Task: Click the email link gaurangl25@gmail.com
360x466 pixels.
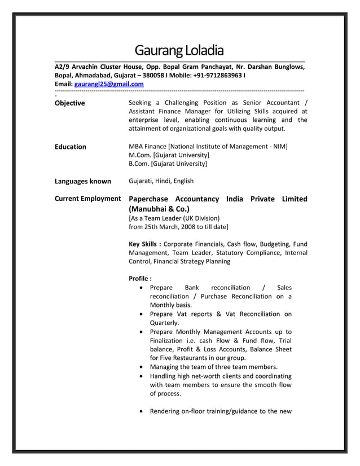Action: click(x=109, y=84)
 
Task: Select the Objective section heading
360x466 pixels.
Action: click(x=69, y=103)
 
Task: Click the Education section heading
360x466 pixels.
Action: click(x=70, y=147)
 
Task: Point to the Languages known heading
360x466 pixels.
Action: click(x=82, y=181)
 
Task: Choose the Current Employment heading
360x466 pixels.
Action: click(x=87, y=199)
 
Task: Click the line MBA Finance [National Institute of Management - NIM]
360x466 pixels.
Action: click(x=208, y=147)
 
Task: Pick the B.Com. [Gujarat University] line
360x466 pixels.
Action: click(x=168, y=164)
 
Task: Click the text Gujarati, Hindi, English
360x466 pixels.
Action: click(x=161, y=181)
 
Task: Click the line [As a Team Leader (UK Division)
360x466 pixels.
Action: click(x=174, y=218)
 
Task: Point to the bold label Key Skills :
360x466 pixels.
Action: click(x=145, y=244)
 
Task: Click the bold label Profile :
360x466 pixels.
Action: click(x=140, y=279)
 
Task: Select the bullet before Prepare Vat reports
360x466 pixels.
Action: click(x=140, y=314)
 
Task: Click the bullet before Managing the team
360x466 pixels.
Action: click(x=140, y=367)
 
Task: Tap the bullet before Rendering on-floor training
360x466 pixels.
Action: click(x=140, y=411)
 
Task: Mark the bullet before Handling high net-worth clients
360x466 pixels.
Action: click(x=140, y=376)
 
